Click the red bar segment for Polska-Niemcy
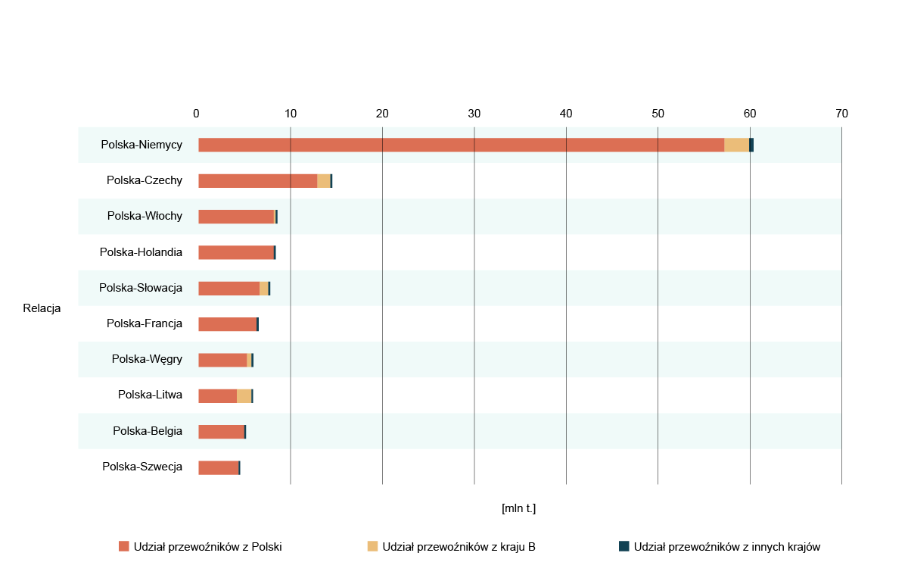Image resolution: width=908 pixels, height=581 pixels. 461,145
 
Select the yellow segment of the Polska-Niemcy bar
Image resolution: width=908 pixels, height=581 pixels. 736,145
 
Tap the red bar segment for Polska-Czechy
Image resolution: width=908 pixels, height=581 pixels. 257,181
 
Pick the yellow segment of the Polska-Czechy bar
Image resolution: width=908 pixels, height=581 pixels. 323,181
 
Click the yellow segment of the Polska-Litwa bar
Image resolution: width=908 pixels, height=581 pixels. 244,396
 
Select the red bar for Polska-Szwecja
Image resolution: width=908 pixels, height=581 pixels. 218,468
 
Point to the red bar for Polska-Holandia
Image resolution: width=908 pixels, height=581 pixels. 235,253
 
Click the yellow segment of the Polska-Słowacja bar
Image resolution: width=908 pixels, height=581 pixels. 263,289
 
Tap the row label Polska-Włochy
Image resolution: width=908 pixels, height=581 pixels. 145,216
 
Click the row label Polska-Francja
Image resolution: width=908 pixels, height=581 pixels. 145,323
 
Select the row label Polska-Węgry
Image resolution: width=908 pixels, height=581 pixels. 147,359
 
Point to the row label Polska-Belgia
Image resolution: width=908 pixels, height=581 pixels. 148,431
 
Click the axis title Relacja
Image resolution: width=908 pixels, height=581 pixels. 42,308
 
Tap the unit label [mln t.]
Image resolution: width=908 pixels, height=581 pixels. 518,508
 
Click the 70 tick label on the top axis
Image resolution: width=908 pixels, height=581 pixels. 841,114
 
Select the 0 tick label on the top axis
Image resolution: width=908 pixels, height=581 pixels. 196,114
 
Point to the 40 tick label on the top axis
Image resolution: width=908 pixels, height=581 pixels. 566,114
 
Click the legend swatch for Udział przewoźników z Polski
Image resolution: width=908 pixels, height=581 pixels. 124,546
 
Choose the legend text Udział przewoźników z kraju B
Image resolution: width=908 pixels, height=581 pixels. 459,547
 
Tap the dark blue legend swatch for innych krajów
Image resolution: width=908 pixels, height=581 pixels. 624,546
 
